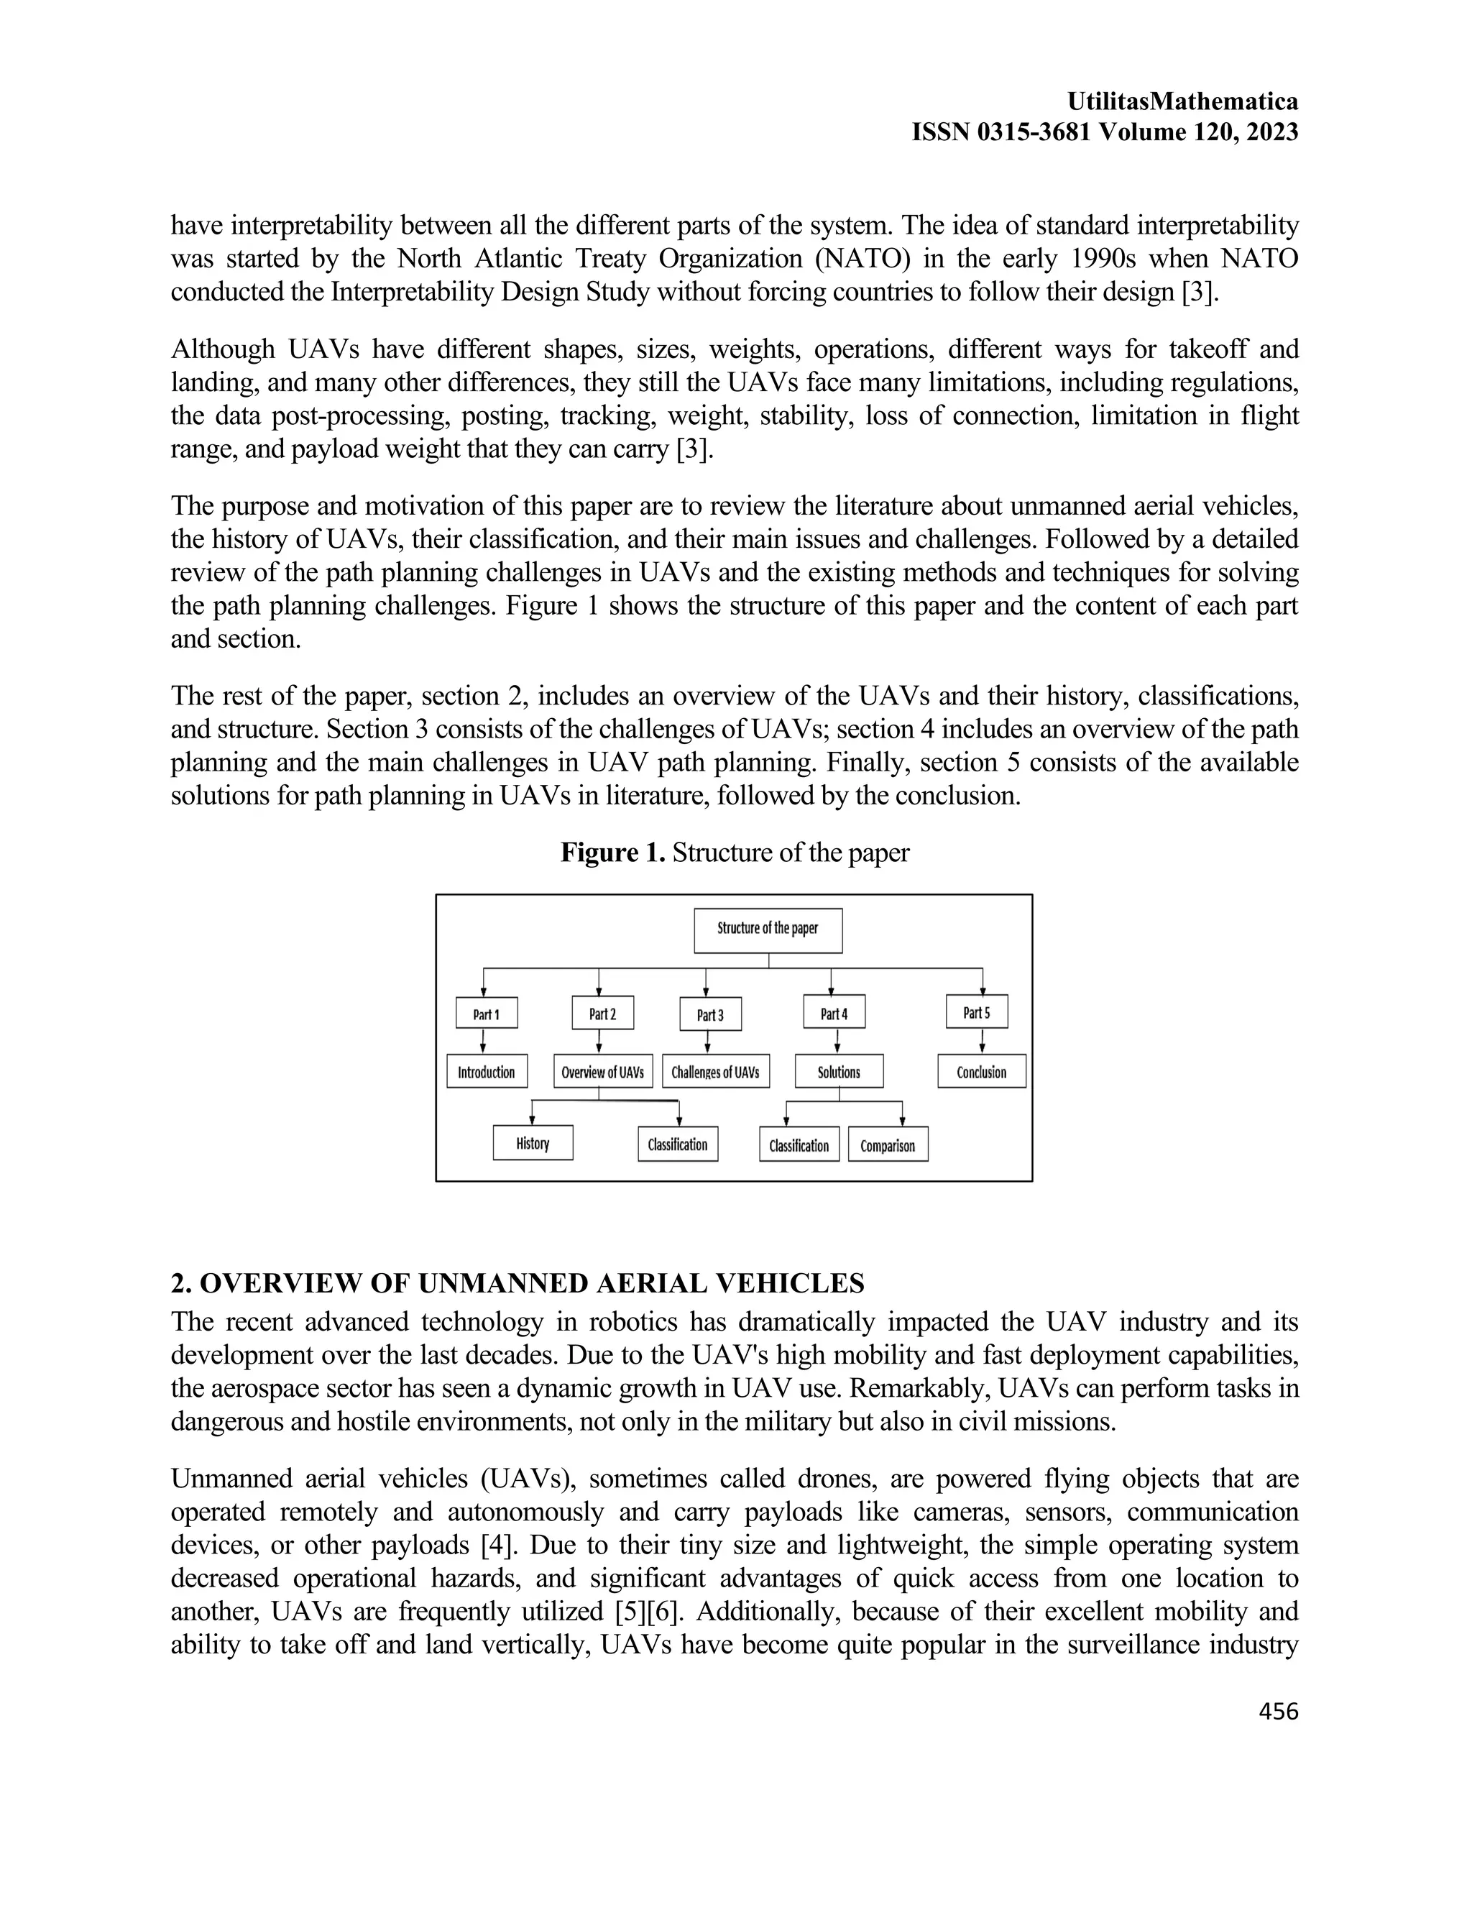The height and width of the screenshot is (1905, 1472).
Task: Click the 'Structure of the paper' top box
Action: pyautogui.click(x=768, y=929)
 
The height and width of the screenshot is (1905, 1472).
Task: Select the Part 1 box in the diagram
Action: pyautogui.click(x=487, y=1013)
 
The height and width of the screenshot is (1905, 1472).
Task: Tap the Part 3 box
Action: pyautogui.click(x=710, y=1014)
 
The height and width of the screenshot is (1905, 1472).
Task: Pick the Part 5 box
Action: pyautogui.click(x=977, y=1012)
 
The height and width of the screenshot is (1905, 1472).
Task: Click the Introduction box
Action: pyautogui.click(x=487, y=1072)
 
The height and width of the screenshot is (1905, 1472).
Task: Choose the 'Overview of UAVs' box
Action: pyautogui.click(x=602, y=1072)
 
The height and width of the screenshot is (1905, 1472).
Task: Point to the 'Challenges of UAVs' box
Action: pyautogui.click(x=715, y=1072)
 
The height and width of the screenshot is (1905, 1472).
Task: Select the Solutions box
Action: pyautogui.click(x=839, y=1072)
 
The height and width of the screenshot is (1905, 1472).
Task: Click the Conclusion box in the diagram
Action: pyautogui.click(x=982, y=1072)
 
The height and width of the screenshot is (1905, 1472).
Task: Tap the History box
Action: pyautogui.click(x=533, y=1143)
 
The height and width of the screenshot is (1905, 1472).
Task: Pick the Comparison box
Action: pyautogui.click(x=888, y=1145)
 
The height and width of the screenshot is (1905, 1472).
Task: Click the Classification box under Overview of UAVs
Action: pyautogui.click(x=678, y=1144)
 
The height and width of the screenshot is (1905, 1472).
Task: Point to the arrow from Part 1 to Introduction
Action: pyautogui.click(x=483, y=1042)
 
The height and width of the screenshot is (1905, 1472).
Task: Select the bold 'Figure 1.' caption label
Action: pyautogui.click(x=613, y=852)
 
